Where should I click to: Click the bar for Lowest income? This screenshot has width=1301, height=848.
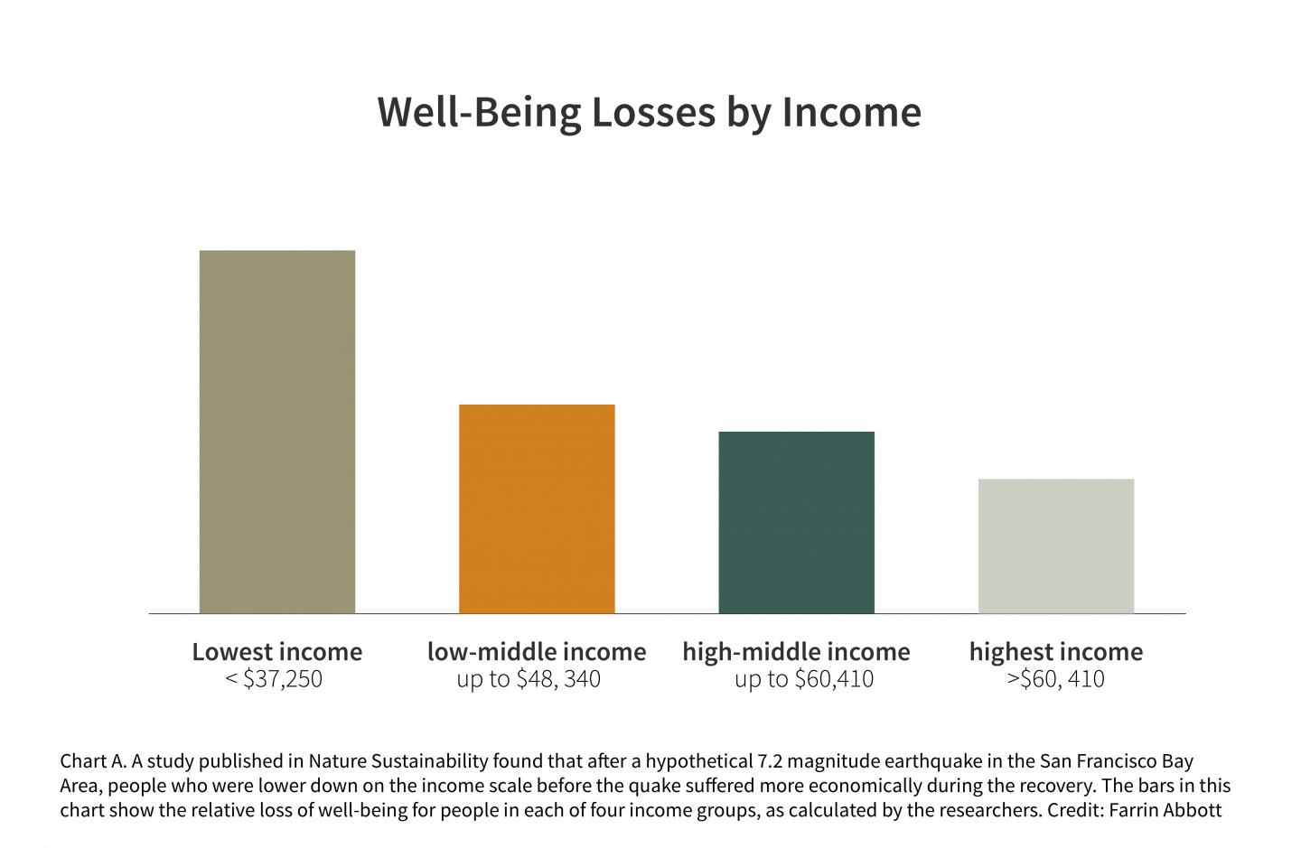point(276,432)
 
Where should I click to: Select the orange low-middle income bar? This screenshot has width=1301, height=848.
point(537,508)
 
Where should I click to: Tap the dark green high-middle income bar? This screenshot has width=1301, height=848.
point(796,522)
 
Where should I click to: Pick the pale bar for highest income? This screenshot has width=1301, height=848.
point(1055,545)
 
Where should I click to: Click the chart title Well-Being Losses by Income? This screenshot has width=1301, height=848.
point(649,112)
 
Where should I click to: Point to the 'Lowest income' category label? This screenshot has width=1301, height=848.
point(276,651)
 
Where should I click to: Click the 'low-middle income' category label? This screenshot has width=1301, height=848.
point(537,651)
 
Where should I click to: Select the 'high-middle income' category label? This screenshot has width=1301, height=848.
point(796,651)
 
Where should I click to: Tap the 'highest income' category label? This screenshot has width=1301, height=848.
point(1055,651)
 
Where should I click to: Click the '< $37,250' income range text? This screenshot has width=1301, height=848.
point(273,679)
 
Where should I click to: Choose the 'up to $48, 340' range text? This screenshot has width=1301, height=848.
point(529,679)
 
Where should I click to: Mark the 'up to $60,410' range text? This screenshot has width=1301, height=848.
point(803,679)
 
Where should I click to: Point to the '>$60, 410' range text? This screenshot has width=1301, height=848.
point(1055,679)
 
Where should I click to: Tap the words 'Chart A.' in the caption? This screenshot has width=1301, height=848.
point(93,761)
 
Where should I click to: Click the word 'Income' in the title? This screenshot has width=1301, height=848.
point(851,112)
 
